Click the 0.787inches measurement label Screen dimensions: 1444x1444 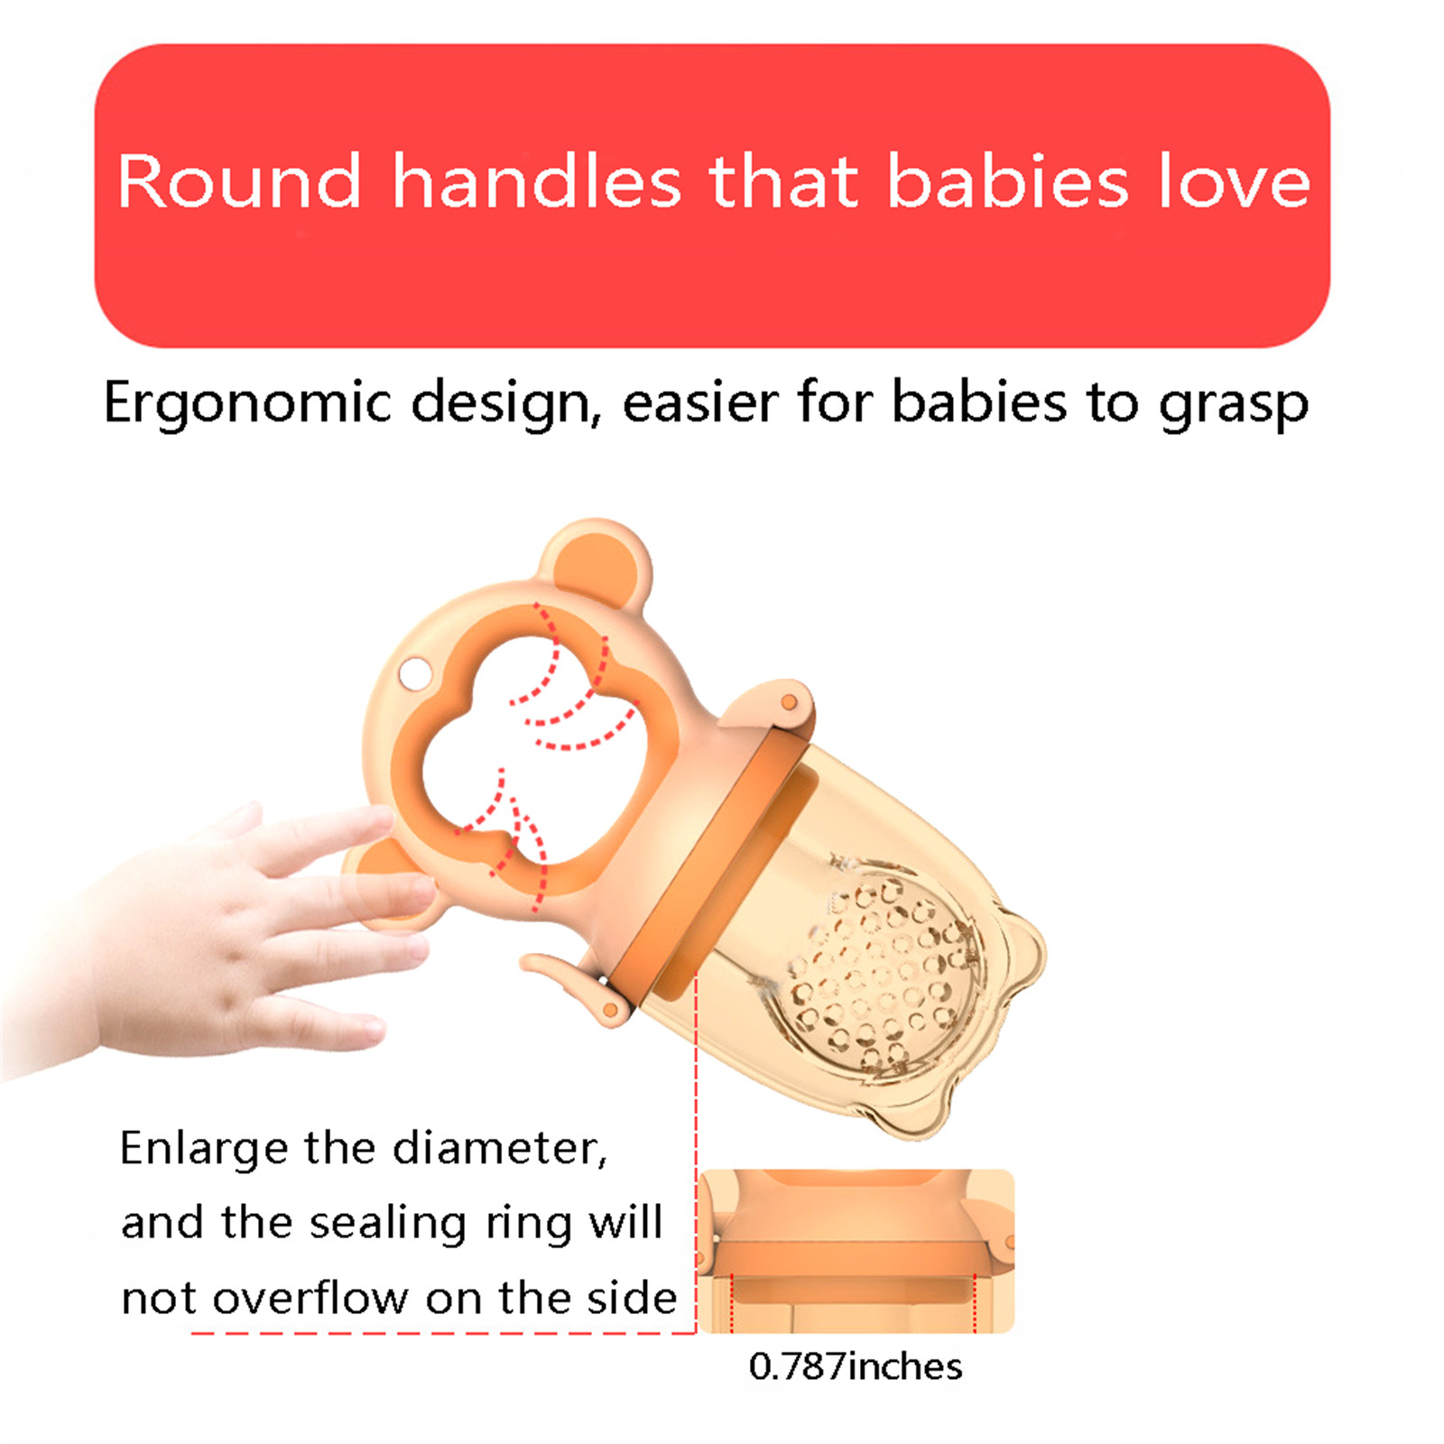pos(856,1366)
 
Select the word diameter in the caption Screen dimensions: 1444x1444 pos(500,1149)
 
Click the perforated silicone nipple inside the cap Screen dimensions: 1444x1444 pos(884,970)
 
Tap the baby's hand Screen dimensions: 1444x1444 pos(226,930)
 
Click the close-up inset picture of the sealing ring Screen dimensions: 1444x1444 pos(857,1251)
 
